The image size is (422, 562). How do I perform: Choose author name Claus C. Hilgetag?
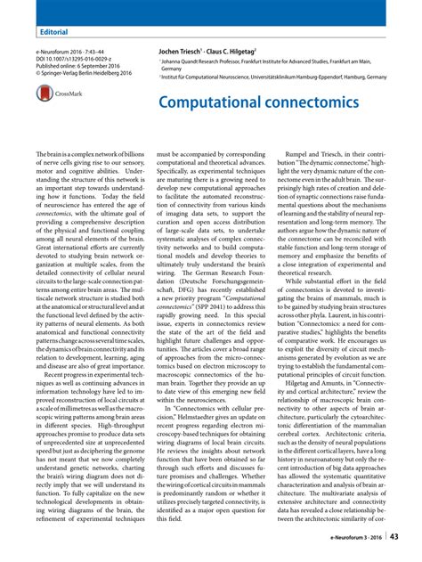click(236, 53)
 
